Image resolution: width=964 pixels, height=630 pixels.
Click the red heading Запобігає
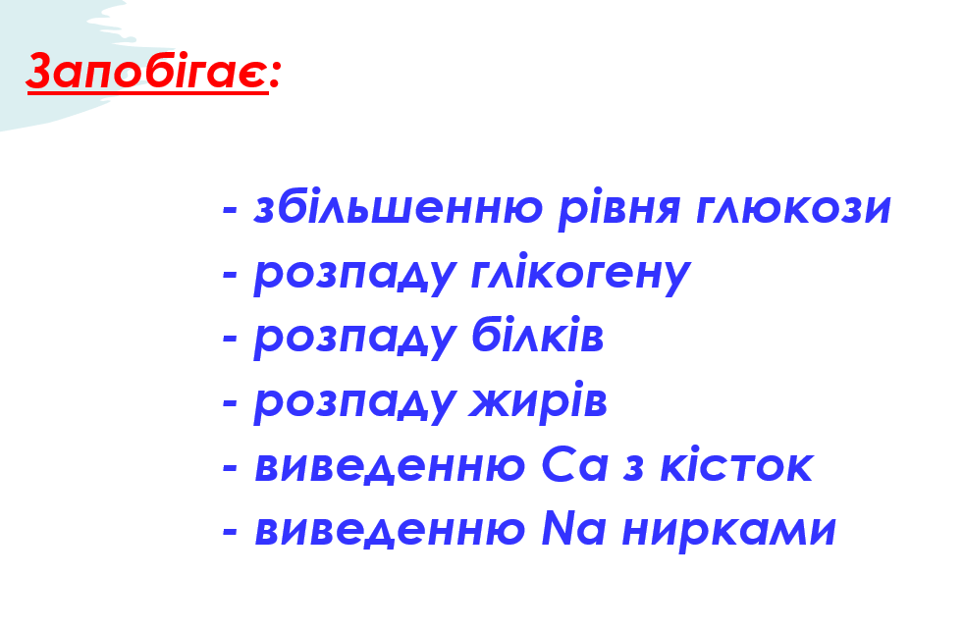coord(145,72)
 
